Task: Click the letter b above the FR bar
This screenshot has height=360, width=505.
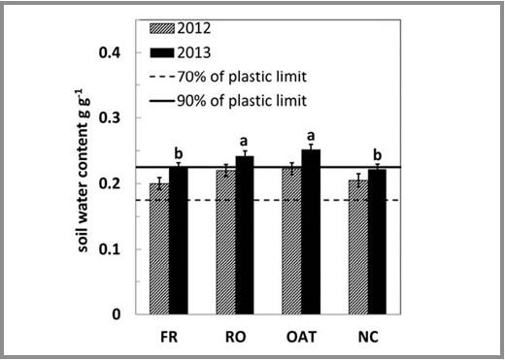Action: pyautogui.click(x=179, y=153)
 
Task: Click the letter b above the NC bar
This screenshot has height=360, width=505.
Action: pyautogui.click(x=378, y=155)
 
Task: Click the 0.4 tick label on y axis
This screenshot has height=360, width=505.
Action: pyautogui.click(x=115, y=51)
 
